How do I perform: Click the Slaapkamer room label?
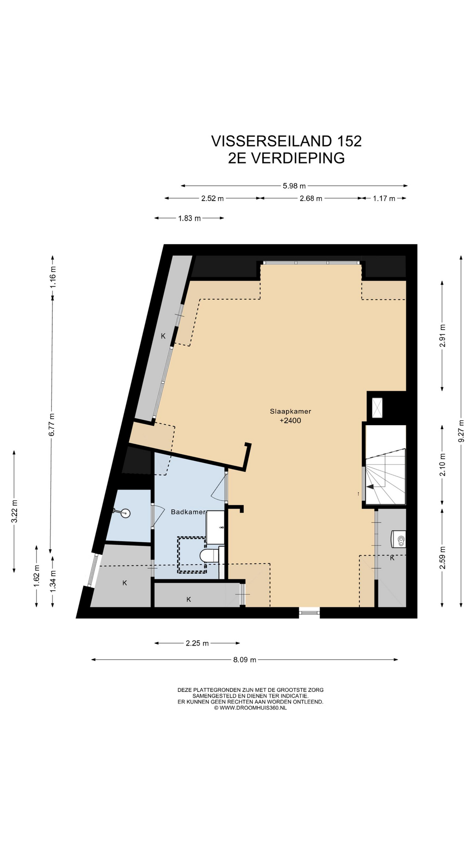click(290, 411)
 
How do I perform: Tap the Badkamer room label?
click(188, 512)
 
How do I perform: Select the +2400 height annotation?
click(290, 421)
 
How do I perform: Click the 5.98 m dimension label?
click(294, 186)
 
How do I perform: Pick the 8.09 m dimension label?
click(245, 660)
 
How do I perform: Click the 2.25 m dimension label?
click(197, 643)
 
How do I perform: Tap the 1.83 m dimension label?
click(190, 218)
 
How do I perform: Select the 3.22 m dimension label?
click(14, 511)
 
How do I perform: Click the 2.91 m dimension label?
click(442, 336)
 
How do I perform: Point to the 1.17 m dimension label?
click(384, 198)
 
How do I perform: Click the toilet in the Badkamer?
click(209, 555)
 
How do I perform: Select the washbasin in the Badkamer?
click(216, 527)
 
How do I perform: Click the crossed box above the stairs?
click(377, 408)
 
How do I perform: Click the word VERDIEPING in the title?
click(298, 158)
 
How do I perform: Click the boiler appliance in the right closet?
click(398, 538)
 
